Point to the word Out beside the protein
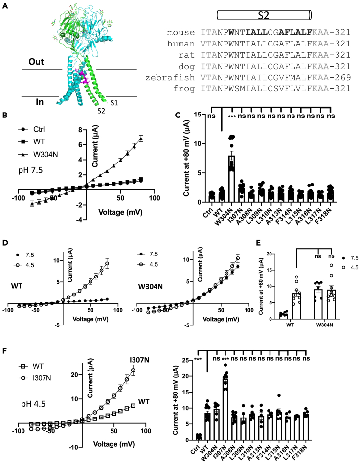pyautogui.click(x=35, y=62)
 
